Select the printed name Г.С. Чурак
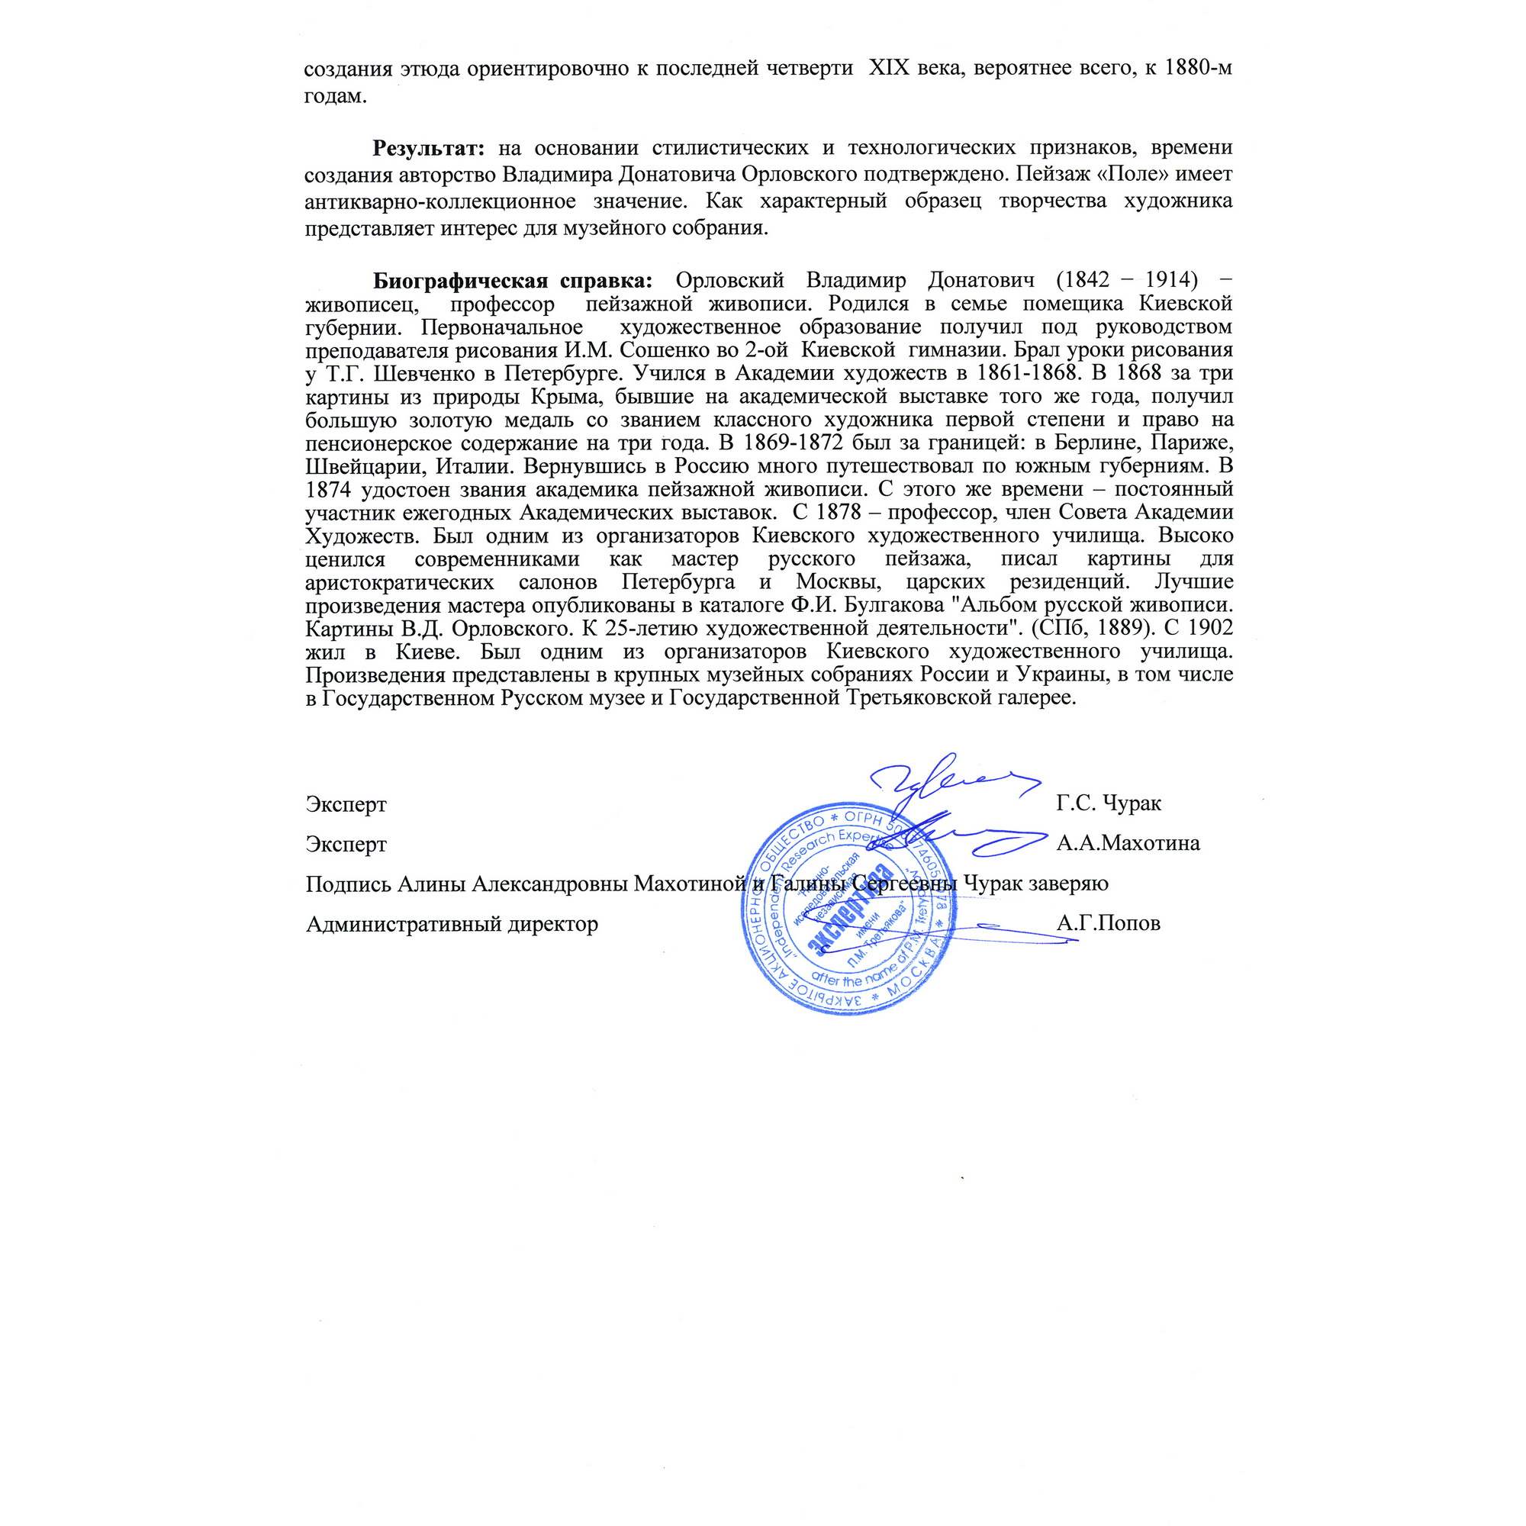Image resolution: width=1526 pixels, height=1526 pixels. (1108, 804)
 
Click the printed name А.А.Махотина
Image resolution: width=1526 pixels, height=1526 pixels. (1128, 844)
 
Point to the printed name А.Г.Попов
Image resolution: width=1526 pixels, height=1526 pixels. (1108, 923)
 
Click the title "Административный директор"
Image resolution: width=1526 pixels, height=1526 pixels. (452, 923)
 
